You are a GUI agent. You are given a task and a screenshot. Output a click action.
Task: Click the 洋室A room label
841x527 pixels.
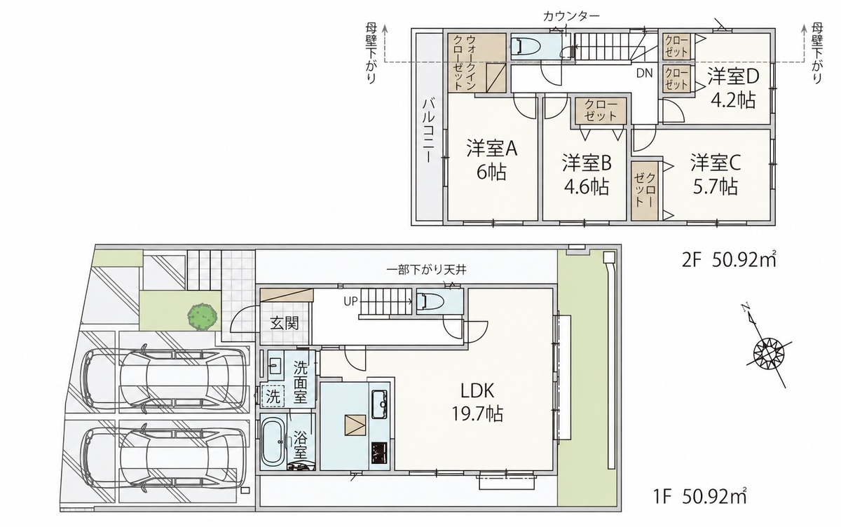click(x=492, y=148)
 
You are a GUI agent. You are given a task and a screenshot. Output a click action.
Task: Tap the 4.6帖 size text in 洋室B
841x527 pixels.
click(x=587, y=186)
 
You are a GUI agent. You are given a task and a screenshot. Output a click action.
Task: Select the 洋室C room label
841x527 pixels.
click(x=716, y=163)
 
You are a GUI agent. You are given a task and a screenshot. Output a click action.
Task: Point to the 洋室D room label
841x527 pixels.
click(x=733, y=76)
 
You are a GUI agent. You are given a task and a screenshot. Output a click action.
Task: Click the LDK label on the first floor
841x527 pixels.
click(x=477, y=391)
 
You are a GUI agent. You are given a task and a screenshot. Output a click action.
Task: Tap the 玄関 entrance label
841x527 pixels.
click(x=285, y=323)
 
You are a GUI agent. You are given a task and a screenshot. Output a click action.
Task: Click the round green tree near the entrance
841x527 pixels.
click(x=203, y=317)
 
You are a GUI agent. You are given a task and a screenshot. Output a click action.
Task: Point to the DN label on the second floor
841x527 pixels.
click(x=644, y=73)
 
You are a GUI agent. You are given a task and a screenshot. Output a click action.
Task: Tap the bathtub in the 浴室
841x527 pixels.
click(x=274, y=442)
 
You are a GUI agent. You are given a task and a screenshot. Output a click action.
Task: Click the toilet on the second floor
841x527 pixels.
click(x=526, y=46)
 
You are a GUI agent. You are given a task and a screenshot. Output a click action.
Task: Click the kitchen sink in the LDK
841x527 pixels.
click(x=380, y=404)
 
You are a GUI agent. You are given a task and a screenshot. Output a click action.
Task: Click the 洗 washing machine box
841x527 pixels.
click(x=273, y=397)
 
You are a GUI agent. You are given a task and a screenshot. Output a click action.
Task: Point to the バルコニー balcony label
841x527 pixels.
click(x=428, y=130)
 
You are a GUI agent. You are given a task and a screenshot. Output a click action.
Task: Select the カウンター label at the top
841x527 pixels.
click(x=571, y=16)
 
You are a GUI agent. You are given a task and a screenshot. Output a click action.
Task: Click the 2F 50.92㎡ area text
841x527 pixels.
click(x=729, y=261)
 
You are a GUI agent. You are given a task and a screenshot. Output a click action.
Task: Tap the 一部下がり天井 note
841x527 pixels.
click(x=427, y=270)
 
